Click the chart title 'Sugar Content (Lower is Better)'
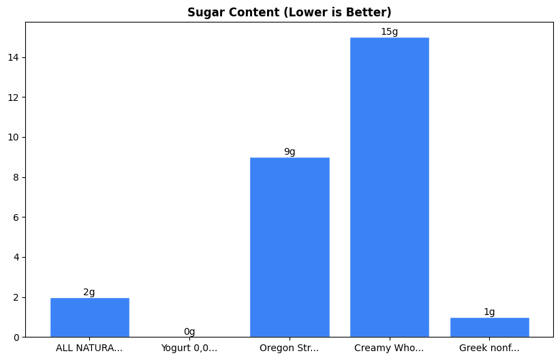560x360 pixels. tap(289, 12)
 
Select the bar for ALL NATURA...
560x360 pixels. tap(89, 318)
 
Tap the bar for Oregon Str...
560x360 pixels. tap(290, 247)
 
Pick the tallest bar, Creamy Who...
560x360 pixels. tap(390, 187)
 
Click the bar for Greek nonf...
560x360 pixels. tap(489, 327)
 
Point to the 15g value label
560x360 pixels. tap(390, 31)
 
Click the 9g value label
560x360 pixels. tap(290, 151)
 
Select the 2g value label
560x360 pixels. tap(89, 292)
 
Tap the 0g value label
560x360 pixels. tap(189, 332)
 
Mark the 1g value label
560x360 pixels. tap(489, 312)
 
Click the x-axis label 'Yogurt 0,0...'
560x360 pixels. tap(189, 348)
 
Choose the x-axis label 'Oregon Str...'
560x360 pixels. tap(290, 348)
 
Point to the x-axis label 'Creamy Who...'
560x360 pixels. tap(389, 348)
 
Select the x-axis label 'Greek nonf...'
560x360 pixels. tap(489, 348)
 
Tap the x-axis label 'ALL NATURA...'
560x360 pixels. tap(89, 348)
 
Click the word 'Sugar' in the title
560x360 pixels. tap(204, 12)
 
